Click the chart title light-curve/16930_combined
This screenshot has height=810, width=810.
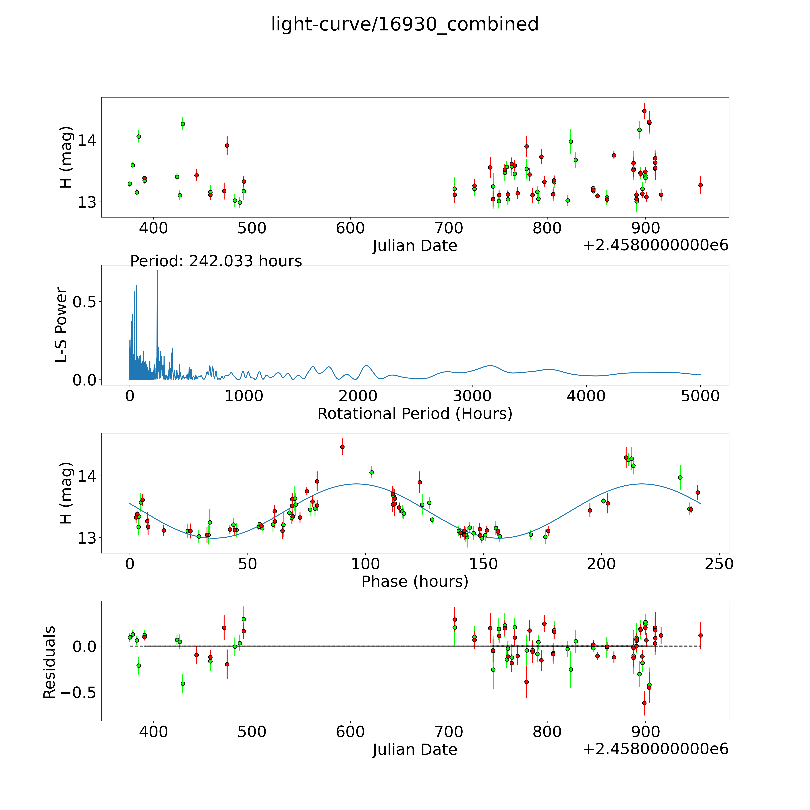pyautogui.click(x=405, y=24)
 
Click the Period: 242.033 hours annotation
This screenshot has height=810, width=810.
pyautogui.click(x=216, y=261)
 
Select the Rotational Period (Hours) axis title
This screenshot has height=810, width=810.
pyautogui.click(x=415, y=414)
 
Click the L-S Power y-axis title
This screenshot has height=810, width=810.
pyautogui.click(x=61, y=325)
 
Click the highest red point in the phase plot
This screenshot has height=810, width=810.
pyautogui.click(x=342, y=447)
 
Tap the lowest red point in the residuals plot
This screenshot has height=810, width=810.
pyautogui.click(x=644, y=703)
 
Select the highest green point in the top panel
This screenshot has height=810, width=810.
pyautogui.click(x=183, y=124)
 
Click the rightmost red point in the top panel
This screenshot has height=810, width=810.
pyautogui.click(x=700, y=185)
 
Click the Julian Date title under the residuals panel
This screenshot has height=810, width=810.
pyautogui.click(x=415, y=750)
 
